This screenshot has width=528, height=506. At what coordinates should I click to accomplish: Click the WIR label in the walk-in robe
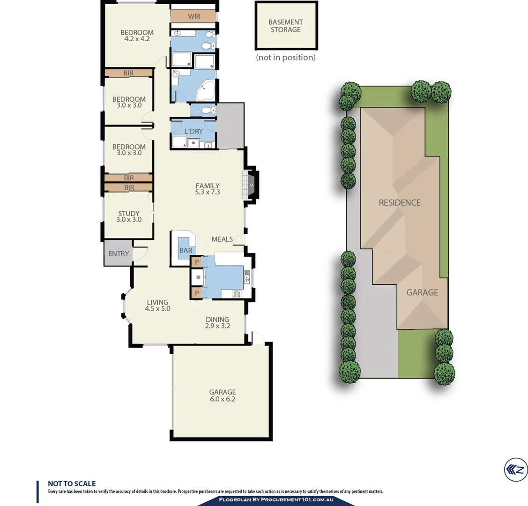point(194,16)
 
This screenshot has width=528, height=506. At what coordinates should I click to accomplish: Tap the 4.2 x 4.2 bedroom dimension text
point(137,39)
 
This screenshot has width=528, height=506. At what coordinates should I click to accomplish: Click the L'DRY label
point(193,131)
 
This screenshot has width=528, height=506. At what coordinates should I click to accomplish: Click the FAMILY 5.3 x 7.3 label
point(208,189)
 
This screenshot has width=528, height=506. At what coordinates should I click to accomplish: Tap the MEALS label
point(222,239)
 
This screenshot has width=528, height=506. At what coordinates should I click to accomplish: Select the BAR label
point(186,250)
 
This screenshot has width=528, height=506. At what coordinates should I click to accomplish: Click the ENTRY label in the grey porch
point(119,253)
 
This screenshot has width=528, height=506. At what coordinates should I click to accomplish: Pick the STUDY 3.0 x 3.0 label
point(129,216)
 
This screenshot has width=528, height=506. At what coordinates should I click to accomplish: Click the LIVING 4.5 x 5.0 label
point(157,305)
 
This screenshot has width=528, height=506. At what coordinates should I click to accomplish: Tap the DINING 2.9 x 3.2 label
point(217,323)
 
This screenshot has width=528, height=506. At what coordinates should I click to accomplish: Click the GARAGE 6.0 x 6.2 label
point(223,395)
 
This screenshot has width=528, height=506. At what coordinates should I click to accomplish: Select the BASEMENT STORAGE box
point(286,26)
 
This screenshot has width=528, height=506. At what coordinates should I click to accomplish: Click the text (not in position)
point(286,57)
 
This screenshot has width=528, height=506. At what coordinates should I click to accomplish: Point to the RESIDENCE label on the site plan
point(400,202)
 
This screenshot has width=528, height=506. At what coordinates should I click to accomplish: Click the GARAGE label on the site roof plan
point(422,292)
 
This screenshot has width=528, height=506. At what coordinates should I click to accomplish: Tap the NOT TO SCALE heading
point(72,484)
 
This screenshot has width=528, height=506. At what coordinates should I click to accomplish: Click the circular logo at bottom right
point(515,469)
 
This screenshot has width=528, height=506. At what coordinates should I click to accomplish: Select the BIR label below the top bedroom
point(128,73)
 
